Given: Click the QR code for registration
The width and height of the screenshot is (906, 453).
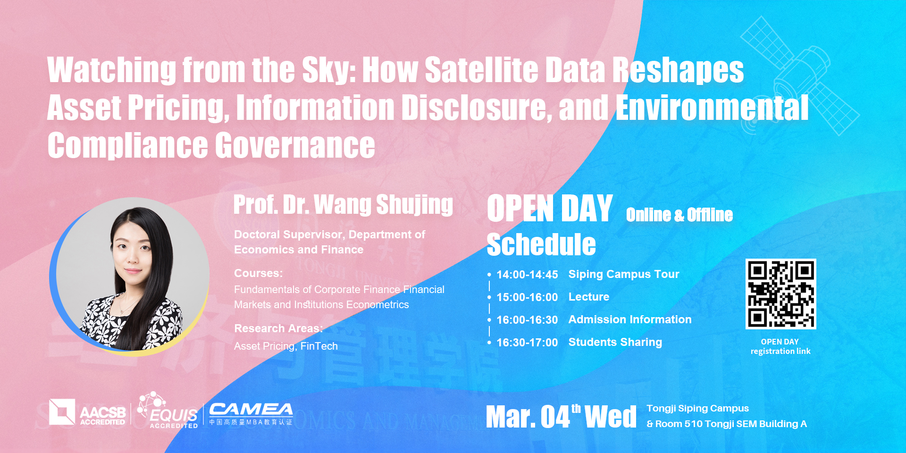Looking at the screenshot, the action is (780, 294).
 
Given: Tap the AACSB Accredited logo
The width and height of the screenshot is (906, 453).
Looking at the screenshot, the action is (88, 412).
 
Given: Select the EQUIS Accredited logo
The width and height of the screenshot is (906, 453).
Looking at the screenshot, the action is (168, 410).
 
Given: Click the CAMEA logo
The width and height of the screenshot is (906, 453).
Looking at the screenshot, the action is (251, 414).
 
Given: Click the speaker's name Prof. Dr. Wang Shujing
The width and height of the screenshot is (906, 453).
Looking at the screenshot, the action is (343, 205).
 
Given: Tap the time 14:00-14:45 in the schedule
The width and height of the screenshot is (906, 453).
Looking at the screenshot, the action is (527, 275).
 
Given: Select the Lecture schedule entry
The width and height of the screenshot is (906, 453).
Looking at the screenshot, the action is (589, 297).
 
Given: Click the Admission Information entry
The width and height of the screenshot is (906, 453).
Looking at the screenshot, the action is (630, 319).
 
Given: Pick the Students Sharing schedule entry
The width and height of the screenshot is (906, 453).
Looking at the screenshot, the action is (615, 342).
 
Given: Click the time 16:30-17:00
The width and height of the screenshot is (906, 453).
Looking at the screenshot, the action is (527, 343).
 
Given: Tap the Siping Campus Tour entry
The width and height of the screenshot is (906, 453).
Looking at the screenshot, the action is (624, 274).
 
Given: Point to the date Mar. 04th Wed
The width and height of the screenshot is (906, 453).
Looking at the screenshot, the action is (561, 416).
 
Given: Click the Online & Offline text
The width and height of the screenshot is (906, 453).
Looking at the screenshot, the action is (679, 215).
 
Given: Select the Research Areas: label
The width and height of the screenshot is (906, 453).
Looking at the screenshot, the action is (278, 328).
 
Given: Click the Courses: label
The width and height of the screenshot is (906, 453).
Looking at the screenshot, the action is (259, 273).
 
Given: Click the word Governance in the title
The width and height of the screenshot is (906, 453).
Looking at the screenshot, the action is (295, 145).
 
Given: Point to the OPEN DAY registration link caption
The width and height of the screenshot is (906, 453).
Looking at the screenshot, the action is (780, 346).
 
